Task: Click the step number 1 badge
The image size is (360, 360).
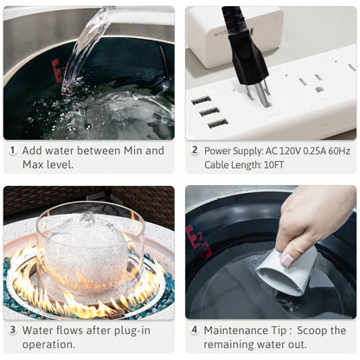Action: click(x=12, y=151)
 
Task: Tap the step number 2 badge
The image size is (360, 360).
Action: click(x=195, y=151)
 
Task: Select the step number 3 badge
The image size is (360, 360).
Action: click(x=12, y=330)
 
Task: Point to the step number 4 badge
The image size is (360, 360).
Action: click(x=195, y=330)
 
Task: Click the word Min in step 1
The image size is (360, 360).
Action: click(x=133, y=151)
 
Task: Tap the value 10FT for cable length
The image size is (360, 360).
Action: click(x=273, y=165)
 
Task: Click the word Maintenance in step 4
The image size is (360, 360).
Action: click(x=235, y=331)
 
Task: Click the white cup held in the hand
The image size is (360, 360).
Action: click(x=286, y=270)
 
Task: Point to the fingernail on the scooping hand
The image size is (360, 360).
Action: click(x=287, y=260)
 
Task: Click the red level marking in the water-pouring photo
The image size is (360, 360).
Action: click(x=57, y=71)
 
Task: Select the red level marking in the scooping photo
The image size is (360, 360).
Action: click(x=198, y=241)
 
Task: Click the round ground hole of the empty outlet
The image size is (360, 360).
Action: click(x=319, y=89)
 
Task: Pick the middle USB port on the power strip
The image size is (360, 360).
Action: click(x=209, y=112)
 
